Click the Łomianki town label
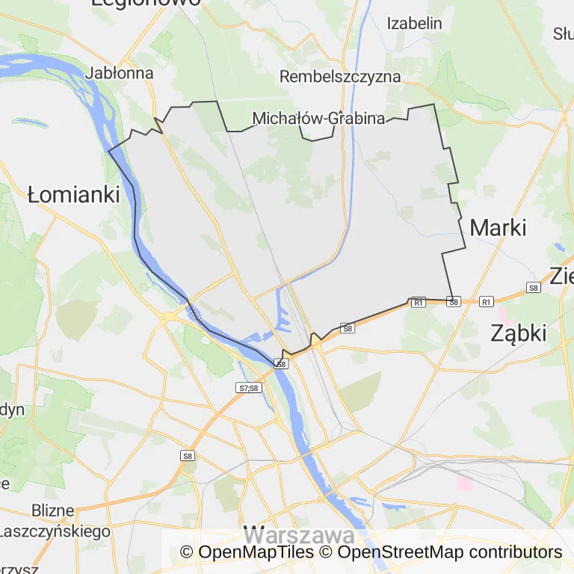tap(73, 195)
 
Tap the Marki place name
tap(498, 228)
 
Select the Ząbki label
tap(518, 333)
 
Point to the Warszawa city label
tap(299, 535)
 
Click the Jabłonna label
tap(120, 73)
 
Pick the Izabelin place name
tap(414, 23)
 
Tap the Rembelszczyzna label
tap(339, 76)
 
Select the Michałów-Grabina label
tap(318, 118)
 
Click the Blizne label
tap(53, 511)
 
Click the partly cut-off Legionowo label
tap(146, 2)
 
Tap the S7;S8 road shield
tap(248, 388)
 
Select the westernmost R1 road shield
tap(418, 302)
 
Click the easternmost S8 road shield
tap(533, 287)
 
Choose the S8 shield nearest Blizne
tap(187, 456)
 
